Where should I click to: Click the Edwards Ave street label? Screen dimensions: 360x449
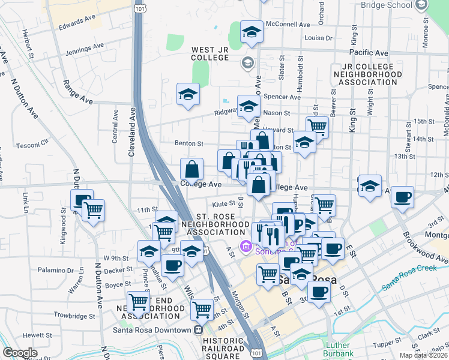[78, 23]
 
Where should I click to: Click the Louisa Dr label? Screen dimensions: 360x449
[318, 37]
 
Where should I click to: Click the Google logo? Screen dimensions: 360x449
[20, 353]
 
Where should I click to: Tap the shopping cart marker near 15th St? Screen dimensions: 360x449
[317, 127]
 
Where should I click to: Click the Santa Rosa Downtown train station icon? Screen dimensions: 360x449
[198, 329]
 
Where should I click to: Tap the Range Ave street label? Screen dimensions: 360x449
[79, 95]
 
